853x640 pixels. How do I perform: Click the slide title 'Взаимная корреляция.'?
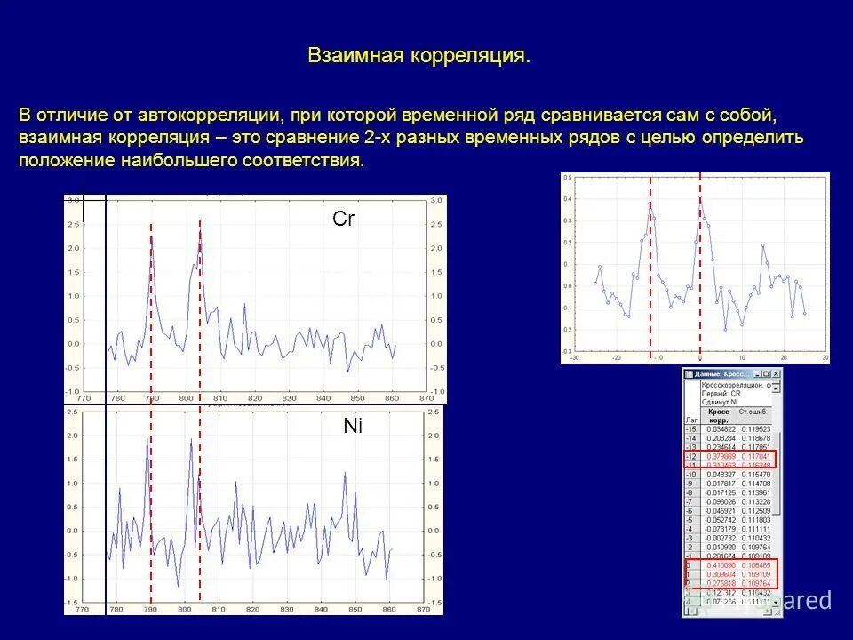click(419, 56)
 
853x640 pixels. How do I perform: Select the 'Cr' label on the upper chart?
click(343, 219)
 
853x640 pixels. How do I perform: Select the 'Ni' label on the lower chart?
click(353, 427)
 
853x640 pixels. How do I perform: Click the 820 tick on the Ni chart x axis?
click(252, 611)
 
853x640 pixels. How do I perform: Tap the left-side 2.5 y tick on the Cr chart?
click(75, 224)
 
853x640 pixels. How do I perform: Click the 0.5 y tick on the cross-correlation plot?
click(568, 177)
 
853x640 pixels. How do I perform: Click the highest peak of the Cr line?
click(200, 229)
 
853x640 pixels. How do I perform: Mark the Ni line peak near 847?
click(344, 475)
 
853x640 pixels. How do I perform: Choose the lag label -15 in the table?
click(690, 428)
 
